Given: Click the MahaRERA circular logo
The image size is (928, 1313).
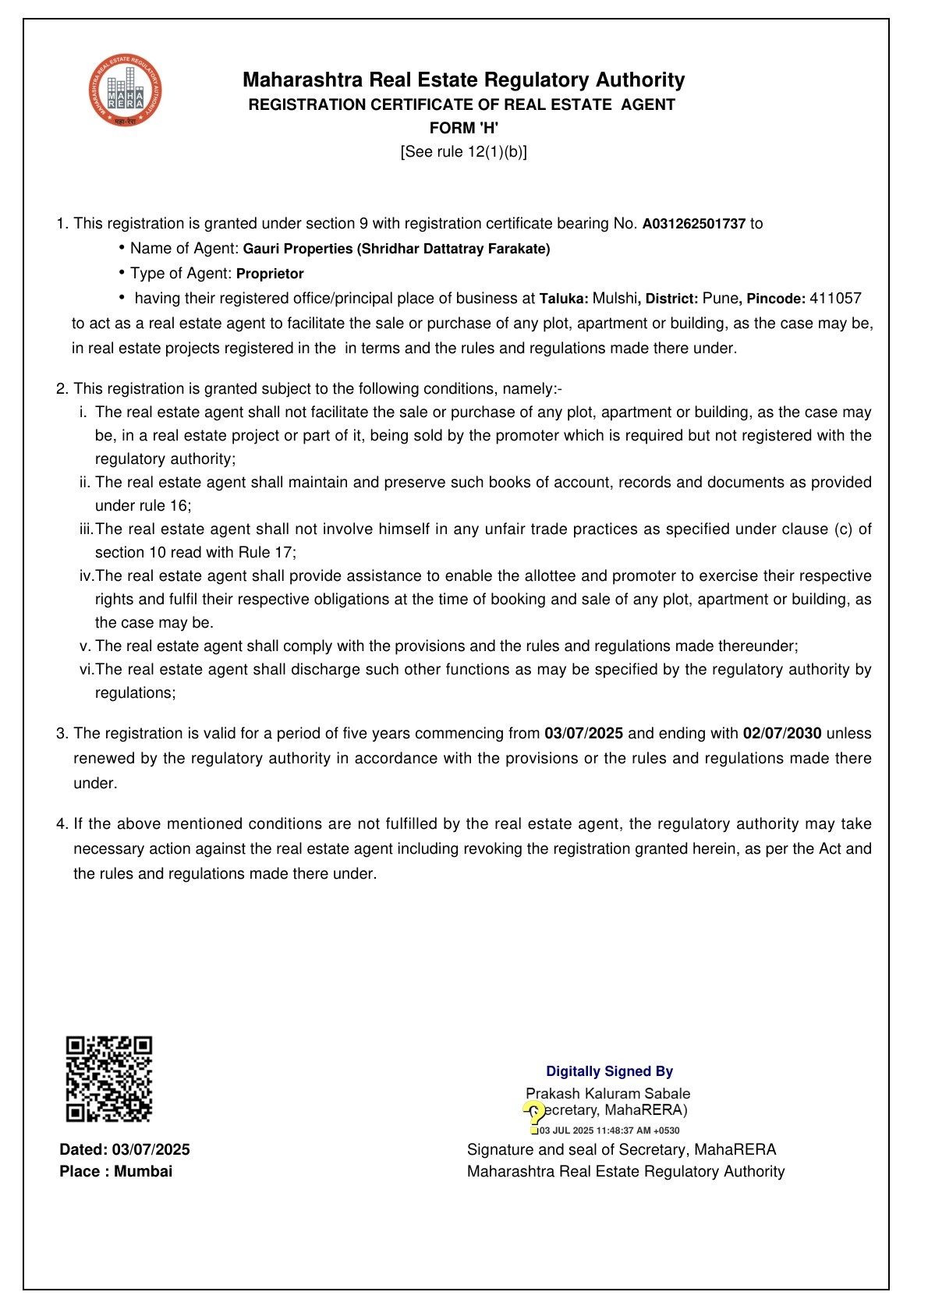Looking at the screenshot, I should pyautogui.click(x=126, y=91).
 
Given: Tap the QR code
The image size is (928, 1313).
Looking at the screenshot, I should pyautogui.click(x=109, y=1078).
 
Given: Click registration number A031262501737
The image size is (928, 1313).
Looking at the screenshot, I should pyautogui.click(x=693, y=224).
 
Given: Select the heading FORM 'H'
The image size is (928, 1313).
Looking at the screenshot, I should pyautogui.click(x=463, y=128).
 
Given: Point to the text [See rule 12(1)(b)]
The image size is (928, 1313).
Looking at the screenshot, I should pyautogui.click(x=463, y=152).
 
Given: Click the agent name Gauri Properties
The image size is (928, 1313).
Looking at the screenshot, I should pyautogui.click(x=298, y=249).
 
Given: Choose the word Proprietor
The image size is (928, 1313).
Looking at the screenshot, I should pyautogui.click(x=270, y=274).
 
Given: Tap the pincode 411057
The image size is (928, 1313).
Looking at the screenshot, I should pyautogui.click(x=835, y=299).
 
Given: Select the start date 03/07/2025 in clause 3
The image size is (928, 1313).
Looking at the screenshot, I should pyautogui.click(x=583, y=734).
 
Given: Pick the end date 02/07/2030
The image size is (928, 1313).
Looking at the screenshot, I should pyautogui.click(x=782, y=734).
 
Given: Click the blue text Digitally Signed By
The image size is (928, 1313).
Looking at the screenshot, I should pyautogui.click(x=609, y=1071).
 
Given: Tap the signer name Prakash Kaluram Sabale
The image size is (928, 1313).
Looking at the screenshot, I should pyautogui.click(x=607, y=1094).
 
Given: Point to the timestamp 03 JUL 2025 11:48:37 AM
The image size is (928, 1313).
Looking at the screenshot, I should pyautogui.click(x=609, y=1131).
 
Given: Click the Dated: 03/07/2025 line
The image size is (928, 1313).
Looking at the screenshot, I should pyautogui.click(x=125, y=1149).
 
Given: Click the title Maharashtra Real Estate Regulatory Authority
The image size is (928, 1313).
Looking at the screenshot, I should pyautogui.click(x=463, y=80).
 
